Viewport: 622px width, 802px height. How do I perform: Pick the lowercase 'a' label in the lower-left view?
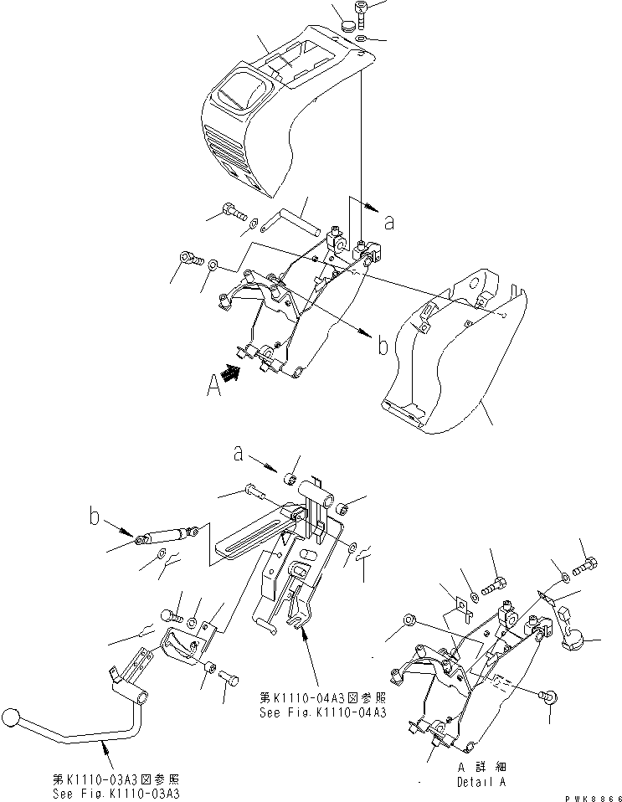(239, 455)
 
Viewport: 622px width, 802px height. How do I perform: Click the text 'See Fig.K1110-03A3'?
(126, 793)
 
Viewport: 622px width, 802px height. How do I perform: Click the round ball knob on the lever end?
(11, 719)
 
